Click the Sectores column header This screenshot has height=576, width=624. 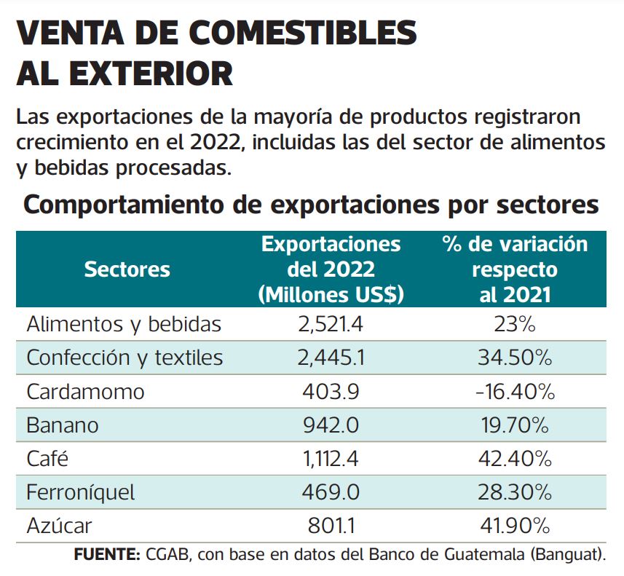[x=127, y=269]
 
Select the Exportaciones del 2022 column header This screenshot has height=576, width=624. [x=331, y=269]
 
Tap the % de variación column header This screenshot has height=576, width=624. [x=515, y=269]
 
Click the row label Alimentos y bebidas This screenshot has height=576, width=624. [x=124, y=324]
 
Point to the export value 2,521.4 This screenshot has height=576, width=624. [x=331, y=324]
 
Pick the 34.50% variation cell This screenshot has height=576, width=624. [x=514, y=358]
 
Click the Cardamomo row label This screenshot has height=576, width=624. [x=85, y=392]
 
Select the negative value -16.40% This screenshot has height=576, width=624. [x=514, y=392]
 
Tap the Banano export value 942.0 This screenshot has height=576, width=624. [x=331, y=425]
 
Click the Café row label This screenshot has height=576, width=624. [x=47, y=459]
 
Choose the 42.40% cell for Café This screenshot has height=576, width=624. [x=514, y=459]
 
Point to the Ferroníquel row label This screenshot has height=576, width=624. [x=81, y=492]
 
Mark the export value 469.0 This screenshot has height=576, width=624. [x=331, y=492]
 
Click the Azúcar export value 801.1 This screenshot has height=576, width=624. [x=331, y=525]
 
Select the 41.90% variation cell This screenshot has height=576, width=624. [x=514, y=525]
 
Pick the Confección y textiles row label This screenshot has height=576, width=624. [x=125, y=358]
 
